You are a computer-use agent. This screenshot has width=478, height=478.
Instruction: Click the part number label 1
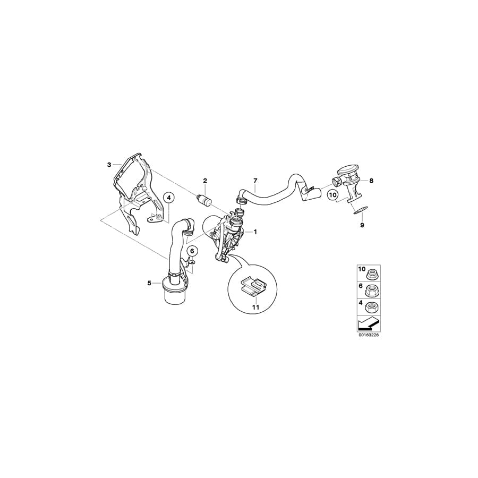255,232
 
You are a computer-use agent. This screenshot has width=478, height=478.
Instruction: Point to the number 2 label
204,182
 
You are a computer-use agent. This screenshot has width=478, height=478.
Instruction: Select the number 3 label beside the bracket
109,165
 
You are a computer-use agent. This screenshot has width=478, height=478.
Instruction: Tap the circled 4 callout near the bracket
169,198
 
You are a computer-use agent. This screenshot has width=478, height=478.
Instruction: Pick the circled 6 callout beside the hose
192,251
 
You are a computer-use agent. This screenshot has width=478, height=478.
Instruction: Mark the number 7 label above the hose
255,181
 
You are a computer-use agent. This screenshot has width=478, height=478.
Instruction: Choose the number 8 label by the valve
371,181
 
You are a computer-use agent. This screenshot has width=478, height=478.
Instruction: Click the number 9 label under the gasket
363,225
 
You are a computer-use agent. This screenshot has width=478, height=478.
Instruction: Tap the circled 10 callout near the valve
332,195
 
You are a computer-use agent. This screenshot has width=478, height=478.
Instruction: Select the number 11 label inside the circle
255,307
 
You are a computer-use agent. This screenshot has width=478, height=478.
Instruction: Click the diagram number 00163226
370,335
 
